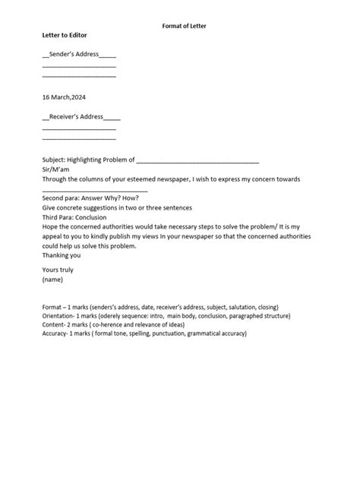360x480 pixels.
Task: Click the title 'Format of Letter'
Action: (185, 26)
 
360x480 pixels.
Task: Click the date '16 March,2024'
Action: (64, 96)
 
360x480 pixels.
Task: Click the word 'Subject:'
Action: (54, 160)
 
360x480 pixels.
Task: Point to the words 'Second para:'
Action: (60, 198)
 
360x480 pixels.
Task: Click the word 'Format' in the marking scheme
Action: (53, 305)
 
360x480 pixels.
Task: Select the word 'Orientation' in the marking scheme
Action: (59, 314)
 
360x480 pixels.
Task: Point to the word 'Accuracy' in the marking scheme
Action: (56, 333)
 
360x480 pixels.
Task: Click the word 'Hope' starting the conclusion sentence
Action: (50, 226)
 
